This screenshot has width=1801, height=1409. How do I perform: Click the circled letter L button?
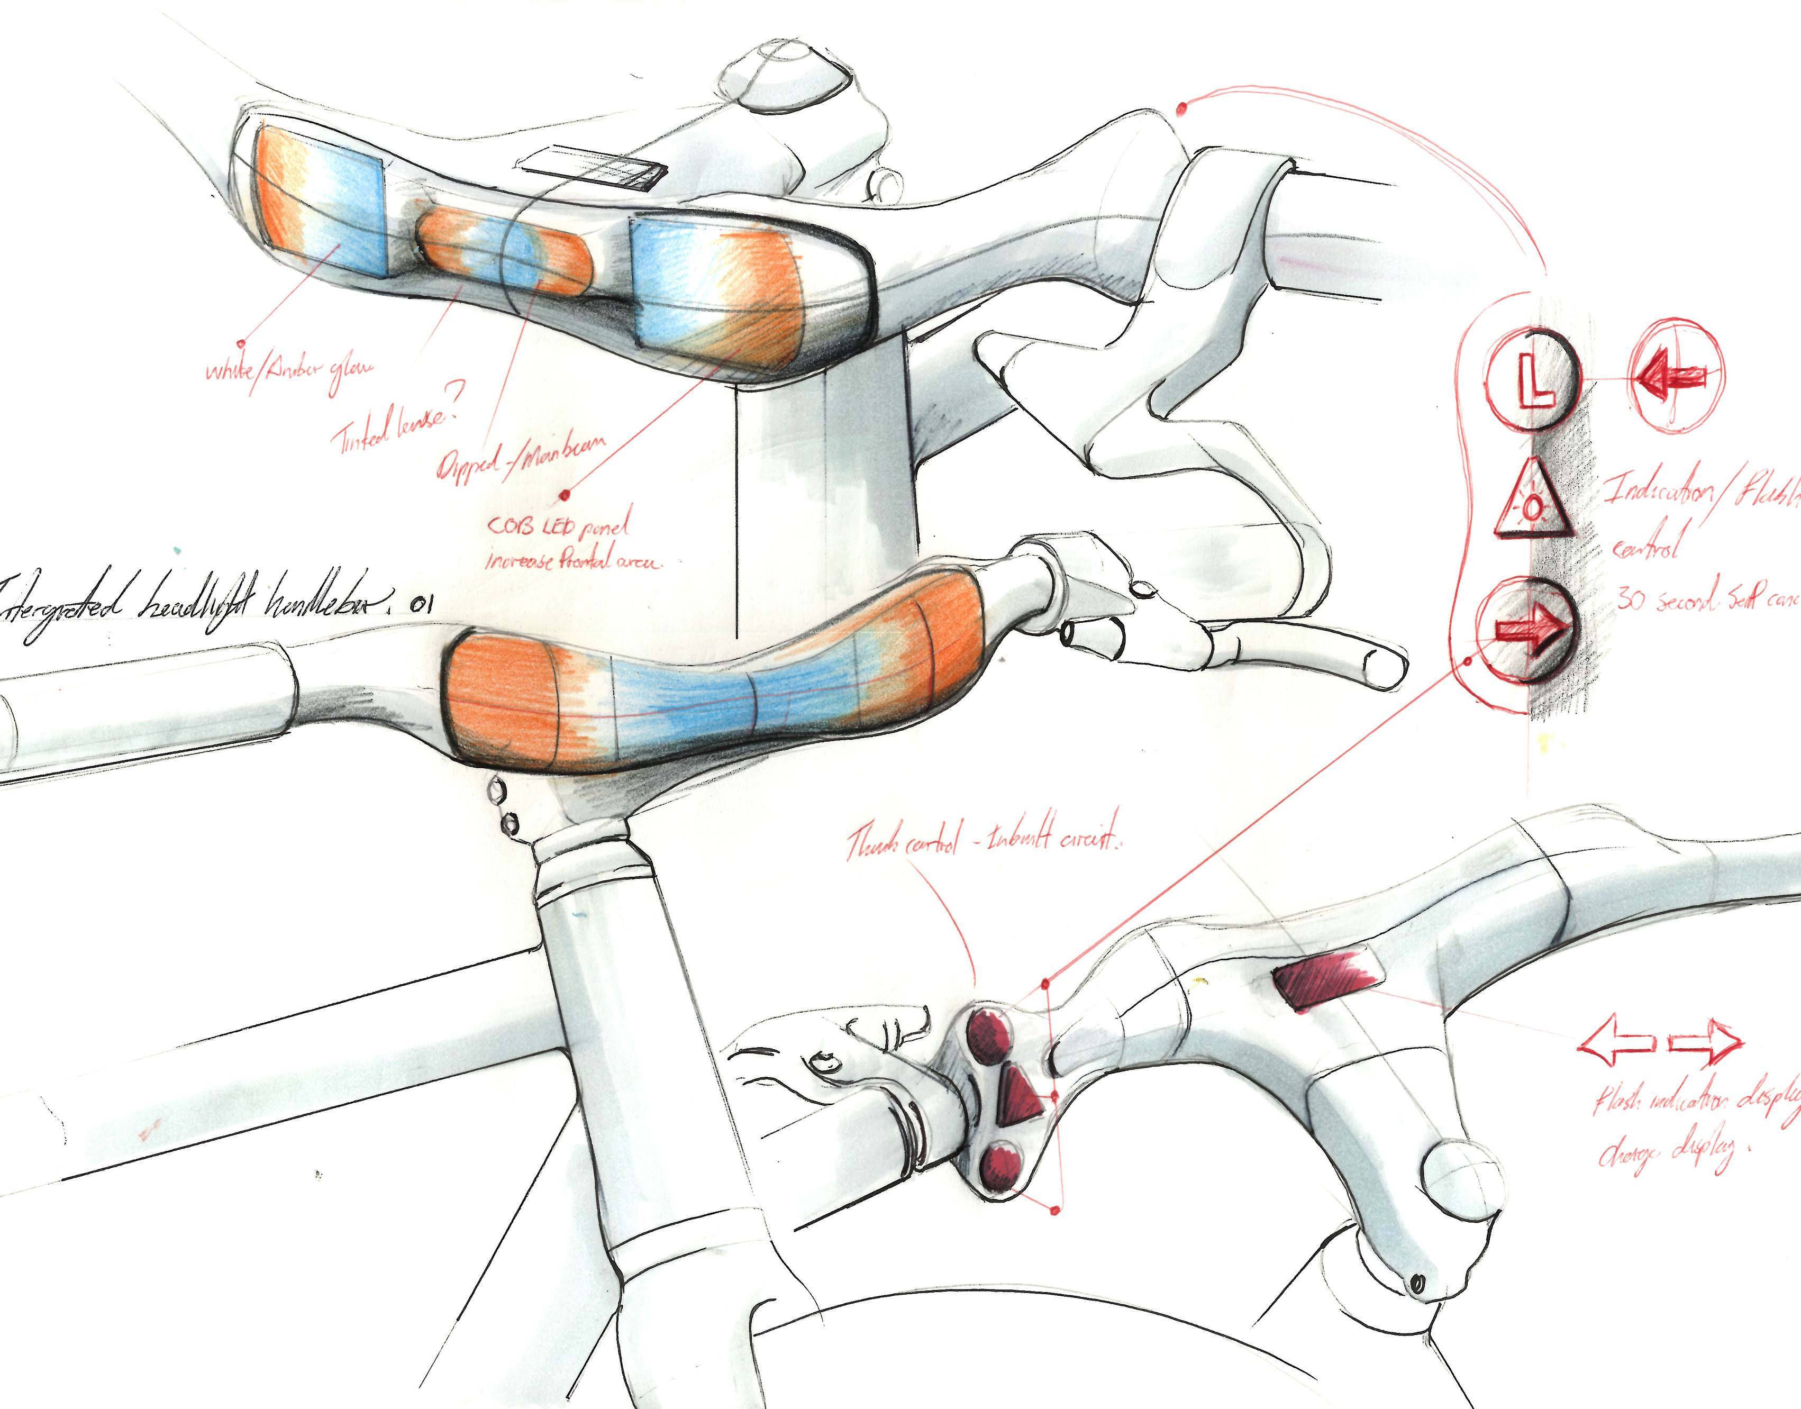pos(1533,379)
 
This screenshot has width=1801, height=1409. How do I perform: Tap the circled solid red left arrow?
pos(1675,376)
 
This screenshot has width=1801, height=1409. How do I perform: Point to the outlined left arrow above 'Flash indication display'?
pos(1615,1043)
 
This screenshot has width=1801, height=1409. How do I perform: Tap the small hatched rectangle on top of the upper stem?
pos(594,169)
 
